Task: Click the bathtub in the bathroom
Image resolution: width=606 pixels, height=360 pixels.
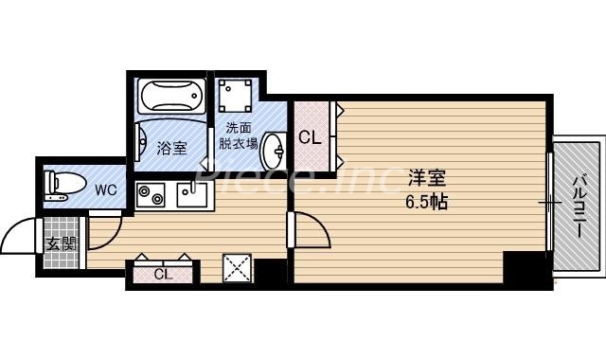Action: coord(171,97)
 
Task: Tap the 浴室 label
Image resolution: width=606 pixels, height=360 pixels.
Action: coord(171,148)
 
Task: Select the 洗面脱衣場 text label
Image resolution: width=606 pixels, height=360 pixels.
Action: coord(237,136)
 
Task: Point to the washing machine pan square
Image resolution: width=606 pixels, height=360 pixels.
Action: coord(234,97)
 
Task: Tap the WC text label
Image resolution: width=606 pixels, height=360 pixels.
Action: coord(106,189)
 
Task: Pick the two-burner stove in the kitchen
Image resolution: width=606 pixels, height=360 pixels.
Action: coord(150,196)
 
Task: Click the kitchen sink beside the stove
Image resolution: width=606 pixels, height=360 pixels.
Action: coord(192,196)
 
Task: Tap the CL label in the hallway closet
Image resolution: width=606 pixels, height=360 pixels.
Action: coord(162,275)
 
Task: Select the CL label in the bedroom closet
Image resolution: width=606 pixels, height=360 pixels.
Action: coord(310,137)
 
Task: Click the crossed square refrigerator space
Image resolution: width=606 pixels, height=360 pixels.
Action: coord(237,268)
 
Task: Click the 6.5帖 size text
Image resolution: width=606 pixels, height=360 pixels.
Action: coord(427,201)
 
